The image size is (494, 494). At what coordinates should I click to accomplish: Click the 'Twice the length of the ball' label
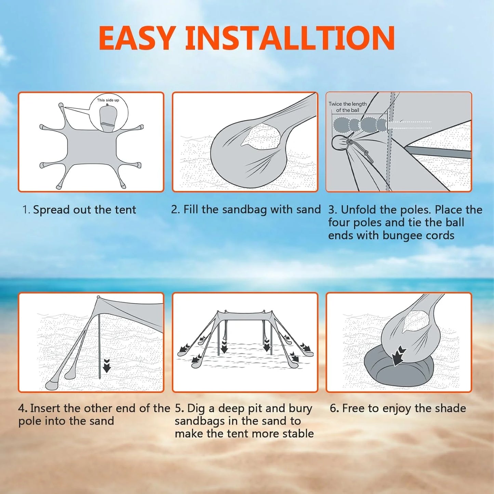coord(347,107)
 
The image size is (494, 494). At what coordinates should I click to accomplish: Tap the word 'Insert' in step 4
coord(45,408)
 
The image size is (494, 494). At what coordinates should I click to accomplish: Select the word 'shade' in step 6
coord(451,408)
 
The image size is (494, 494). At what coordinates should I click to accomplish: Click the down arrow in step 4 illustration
coord(107,365)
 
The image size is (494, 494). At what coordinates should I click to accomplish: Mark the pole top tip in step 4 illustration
coord(98,297)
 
